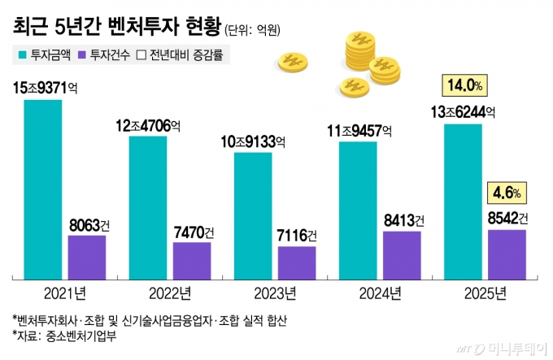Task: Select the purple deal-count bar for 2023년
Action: click(x=297, y=261)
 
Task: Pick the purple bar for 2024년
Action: click(x=402, y=254)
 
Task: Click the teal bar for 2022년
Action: click(x=148, y=206)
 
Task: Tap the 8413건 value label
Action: click(x=402, y=219)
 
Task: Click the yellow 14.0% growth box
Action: click(x=464, y=85)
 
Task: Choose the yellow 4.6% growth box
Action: click(x=507, y=193)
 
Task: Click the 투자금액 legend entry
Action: click(x=46, y=55)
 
